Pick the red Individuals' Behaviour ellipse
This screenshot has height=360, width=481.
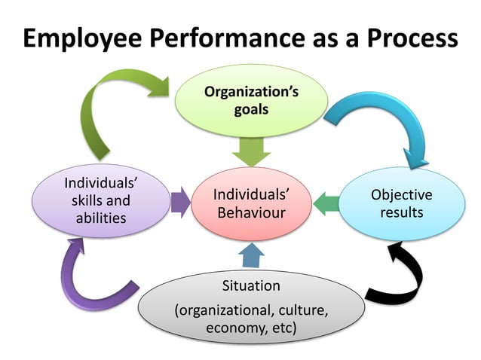click(251, 203)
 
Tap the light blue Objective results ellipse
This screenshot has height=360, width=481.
click(401, 203)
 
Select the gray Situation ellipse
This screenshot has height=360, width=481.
click(251, 308)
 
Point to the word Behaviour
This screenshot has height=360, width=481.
click(251, 213)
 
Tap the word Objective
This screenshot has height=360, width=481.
click(401, 195)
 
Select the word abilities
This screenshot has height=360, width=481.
click(100, 219)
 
